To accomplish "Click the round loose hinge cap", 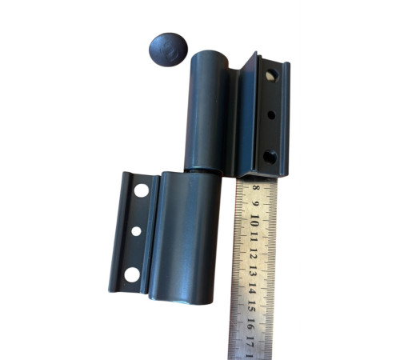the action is (168, 50).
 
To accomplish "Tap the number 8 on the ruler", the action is (256, 187).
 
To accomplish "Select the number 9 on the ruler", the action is (255, 204).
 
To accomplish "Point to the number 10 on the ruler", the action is (254, 221).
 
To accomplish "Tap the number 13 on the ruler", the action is (252, 271).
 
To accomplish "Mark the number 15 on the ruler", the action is (251, 306).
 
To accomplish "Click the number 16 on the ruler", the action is (250, 323).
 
